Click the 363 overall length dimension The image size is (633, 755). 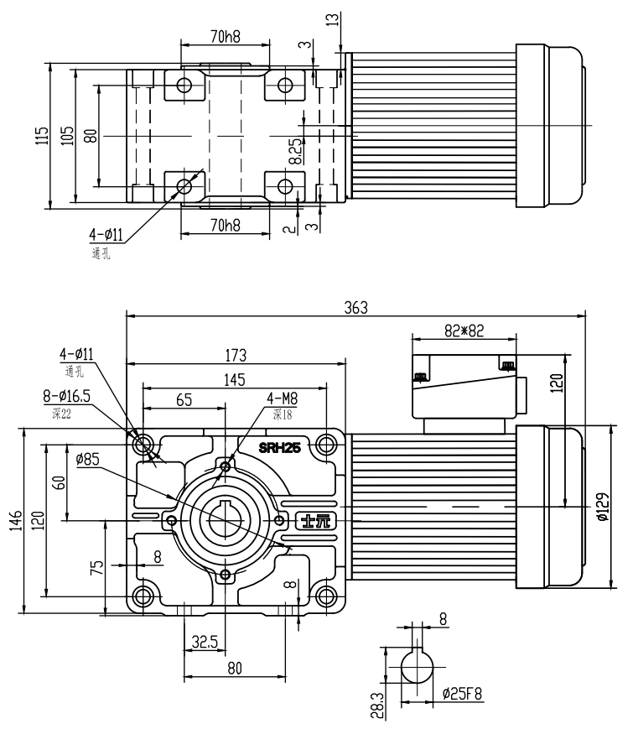(355, 307)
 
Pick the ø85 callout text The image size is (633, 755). (88, 459)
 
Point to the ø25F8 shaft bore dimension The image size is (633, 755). (464, 695)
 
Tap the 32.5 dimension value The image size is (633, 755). (205, 642)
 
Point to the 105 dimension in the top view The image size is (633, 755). (67, 135)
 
